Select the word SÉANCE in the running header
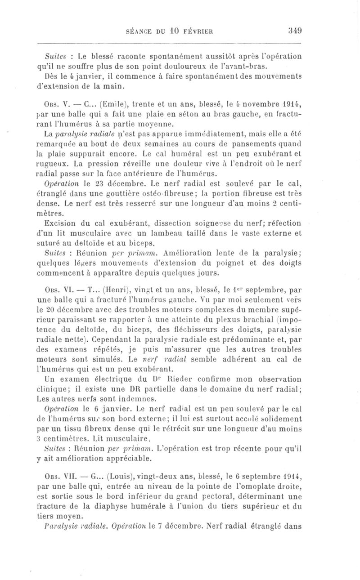[141, 32]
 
